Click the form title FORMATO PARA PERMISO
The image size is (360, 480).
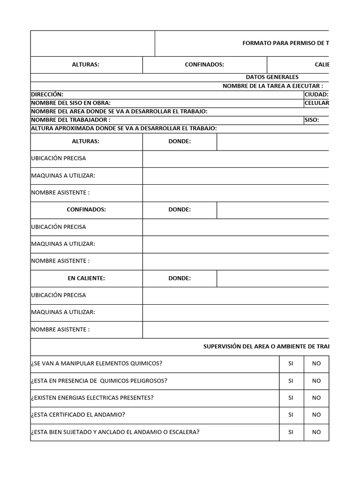pos(285,43)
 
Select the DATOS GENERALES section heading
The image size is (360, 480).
pos(272,77)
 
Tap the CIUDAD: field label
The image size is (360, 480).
pos(316,94)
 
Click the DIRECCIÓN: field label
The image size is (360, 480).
pos(47,94)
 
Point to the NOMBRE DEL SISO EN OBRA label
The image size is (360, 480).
pos(71,103)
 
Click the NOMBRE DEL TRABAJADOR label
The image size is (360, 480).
pos(71,120)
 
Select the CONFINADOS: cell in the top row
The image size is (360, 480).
pos(204,65)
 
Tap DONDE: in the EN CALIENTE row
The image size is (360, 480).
pos(180,278)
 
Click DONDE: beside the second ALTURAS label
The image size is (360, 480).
pos(180,141)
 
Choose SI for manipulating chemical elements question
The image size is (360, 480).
pos(291,363)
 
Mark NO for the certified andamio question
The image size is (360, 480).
pos(316,414)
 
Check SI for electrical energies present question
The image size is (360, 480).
pos(291,397)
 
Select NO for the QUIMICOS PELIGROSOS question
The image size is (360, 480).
pos(316,381)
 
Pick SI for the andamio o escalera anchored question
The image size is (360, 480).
pos(291,432)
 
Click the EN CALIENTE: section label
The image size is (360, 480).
pos(86,278)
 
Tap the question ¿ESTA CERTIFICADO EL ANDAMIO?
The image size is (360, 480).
pos(78,414)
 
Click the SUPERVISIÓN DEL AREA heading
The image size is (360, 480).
pos(266,346)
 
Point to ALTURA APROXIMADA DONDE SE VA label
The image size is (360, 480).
pos(124,128)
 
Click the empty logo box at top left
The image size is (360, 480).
pos(92,43)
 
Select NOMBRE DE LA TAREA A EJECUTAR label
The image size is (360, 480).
pos(272,86)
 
